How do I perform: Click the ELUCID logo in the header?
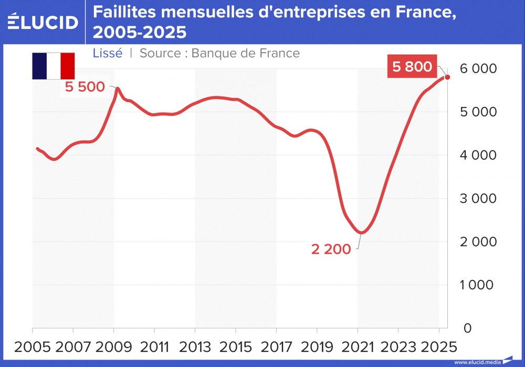pos(43,22)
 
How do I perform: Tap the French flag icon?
pos(53,66)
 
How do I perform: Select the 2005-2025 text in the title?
pos(140,33)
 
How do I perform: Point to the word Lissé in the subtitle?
pos(107,53)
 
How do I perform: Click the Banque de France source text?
pos(246,53)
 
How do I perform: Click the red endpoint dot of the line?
pos(447,77)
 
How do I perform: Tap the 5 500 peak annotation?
pos(85,87)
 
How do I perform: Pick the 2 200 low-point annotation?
pos(331,250)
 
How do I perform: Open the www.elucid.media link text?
pos(477,362)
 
